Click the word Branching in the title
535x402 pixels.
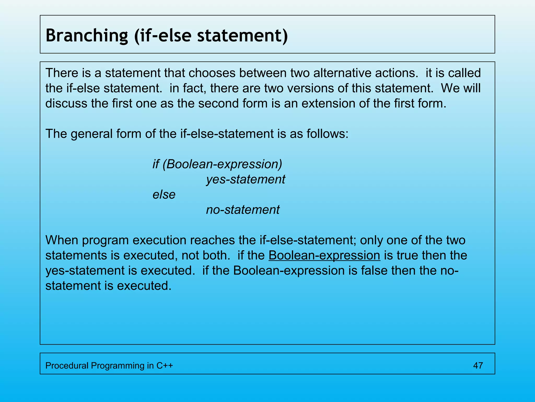click(87, 36)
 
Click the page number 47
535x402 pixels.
click(478, 365)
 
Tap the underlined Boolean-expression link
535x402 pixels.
click(324, 255)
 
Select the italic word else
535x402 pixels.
click(164, 195)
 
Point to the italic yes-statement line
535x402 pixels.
click(246, 180)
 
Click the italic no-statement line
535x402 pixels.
click(243, 210)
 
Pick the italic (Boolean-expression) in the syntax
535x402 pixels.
click(222, 164)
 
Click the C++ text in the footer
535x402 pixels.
click(165, 365)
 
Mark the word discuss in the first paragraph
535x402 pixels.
click(66, 103)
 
